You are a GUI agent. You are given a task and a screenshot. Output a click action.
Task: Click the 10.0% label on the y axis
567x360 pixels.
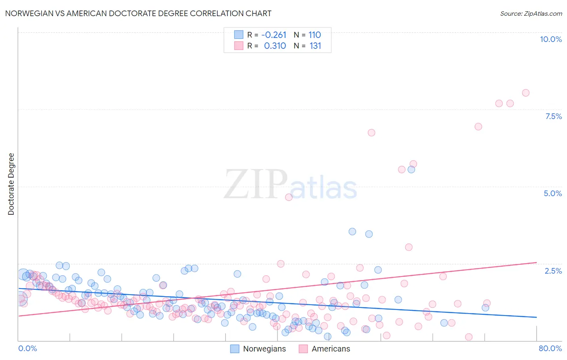(550, 39)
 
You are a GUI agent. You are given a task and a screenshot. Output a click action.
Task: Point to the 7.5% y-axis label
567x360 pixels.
(553, 116)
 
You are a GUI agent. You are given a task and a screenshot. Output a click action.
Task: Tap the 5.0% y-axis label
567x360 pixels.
(552, 193)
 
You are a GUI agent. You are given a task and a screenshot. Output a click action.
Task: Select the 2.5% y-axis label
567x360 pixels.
(553, 271)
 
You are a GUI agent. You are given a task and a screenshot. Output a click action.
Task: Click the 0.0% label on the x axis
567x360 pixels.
(27, 348)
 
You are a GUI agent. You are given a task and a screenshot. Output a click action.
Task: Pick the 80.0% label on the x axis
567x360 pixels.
(550, 348)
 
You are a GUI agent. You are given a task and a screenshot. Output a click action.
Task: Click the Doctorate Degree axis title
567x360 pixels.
(11, 184)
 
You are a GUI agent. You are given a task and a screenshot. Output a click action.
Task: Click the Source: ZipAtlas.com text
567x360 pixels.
(531, 13)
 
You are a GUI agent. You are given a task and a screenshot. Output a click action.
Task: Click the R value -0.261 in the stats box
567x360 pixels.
(274, 35)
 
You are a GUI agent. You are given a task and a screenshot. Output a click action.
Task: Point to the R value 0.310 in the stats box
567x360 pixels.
(275, 46)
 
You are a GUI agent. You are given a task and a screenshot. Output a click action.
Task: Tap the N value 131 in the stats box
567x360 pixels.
(315, 46)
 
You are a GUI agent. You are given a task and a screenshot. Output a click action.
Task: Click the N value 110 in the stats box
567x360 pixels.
(315, 35)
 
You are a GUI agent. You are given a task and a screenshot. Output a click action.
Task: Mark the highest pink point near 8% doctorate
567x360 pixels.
(525, 93)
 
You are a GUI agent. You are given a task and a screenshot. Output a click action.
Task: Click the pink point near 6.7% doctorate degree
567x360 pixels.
(371, 132)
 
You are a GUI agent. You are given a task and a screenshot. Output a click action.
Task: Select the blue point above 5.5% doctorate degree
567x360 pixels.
(411, 170)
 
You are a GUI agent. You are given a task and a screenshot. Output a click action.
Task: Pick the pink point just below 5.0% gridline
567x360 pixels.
(289, 197)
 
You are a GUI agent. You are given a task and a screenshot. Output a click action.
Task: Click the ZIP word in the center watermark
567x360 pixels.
(256, 184)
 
